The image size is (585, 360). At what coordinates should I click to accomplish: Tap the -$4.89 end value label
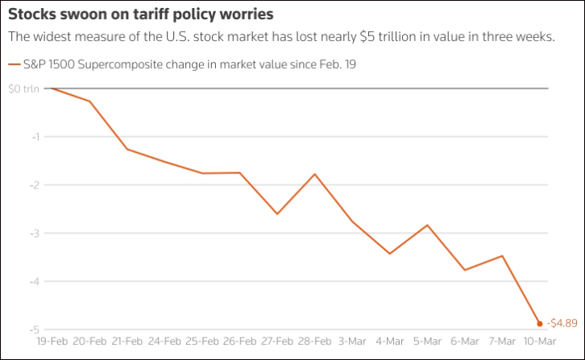(562, 323)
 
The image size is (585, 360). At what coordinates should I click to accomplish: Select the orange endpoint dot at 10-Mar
(539, 323)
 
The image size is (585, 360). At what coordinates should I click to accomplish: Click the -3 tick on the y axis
(34, 234)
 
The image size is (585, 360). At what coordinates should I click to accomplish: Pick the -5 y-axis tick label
(34, 330)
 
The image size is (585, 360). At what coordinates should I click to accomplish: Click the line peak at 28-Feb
(314, 174)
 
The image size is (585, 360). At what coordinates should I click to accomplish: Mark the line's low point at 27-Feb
(277, 213)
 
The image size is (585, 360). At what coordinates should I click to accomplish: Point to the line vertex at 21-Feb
(127, 149)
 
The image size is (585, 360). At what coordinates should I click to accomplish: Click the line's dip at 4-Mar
(389, 254)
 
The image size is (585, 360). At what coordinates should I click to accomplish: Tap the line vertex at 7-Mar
(502, 256)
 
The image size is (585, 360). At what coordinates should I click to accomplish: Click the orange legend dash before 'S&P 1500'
(12, 64)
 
